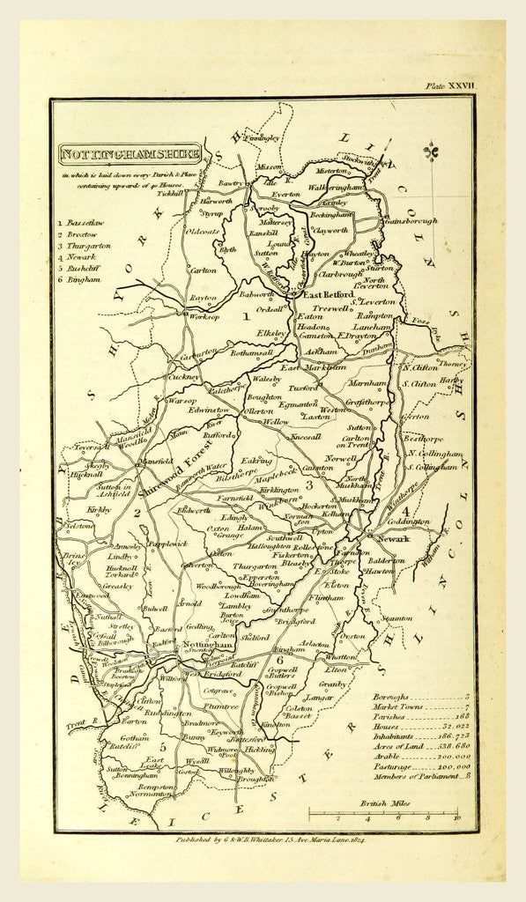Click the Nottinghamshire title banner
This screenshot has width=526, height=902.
pyautogui.click(x=130, y=155)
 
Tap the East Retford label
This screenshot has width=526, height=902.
pyautogui.click(x=328, y=294)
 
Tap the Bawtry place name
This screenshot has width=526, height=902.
pyautogui.click(x=230, y=183)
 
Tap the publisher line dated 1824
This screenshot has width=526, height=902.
pyautogui.click(x=264, y=839)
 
